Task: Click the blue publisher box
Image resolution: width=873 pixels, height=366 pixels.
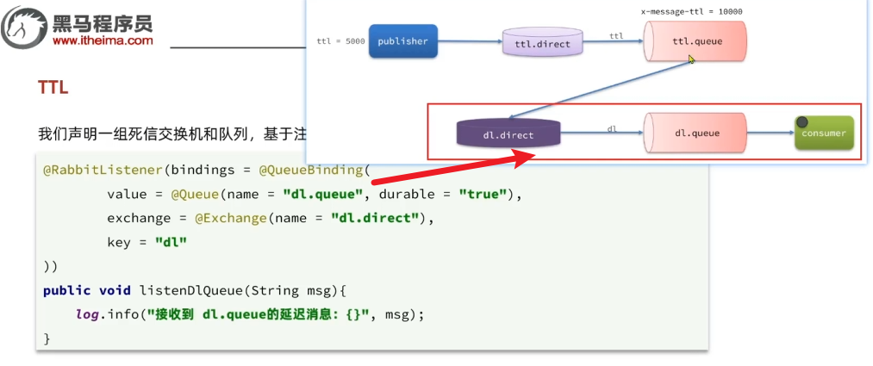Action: (x=403, y=41)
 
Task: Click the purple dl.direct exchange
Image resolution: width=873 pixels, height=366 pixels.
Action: (x=508, y=134)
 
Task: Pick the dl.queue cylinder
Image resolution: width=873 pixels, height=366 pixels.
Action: (x=695, y=133)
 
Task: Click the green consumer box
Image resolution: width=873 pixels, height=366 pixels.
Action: (x=823, y=133)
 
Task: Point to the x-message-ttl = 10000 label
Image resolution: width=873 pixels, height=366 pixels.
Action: (x=692, y=12)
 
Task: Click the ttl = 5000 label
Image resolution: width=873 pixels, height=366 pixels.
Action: (x=341, y=41)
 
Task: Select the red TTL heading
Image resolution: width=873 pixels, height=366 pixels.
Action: (x=53, y=88)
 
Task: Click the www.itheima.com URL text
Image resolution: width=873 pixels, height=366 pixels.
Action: (x=103, y=40)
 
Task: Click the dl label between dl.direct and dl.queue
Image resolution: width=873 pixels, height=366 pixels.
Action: (x=612, y=128)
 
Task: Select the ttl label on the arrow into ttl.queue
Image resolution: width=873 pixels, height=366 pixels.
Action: (x=616, y=36)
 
